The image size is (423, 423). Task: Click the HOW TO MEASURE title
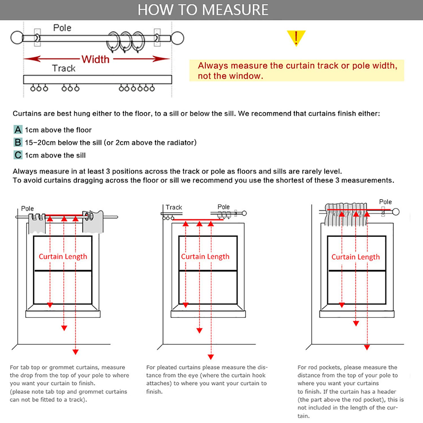pyautogui.click(x=203, y=10)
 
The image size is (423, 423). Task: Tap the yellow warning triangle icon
pyautogui.click(x=296, y=38)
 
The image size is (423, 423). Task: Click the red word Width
pyautogui.click(x=95, y=59)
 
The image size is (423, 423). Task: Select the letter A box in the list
pyautogui.click(x=18, y=130)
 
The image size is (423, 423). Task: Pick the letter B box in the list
pyautogui.click(x=18, y=142)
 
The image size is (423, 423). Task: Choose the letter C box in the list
pyautogui.click(x=18, y=155)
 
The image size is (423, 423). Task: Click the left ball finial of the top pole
pyautogui.click(x=17, y=38)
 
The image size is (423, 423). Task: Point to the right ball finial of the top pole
pyautogui.click(x=177, y=38)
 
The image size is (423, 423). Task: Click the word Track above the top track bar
pyautogui.click(x=64, y=68)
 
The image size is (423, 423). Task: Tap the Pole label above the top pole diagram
pyautogui.click(x=62, y=28)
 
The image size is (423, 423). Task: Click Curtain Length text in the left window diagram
pyautogui.click(x=63, y=257)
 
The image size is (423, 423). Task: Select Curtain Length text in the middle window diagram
pyautogui.click(x=205, y=257)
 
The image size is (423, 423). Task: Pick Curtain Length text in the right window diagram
pyautogui.click(x=355, y=257)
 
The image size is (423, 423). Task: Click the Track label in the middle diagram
pyautogui.click(x=174, y=207)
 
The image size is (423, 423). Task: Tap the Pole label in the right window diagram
pyautogui.click(x=385, y=202)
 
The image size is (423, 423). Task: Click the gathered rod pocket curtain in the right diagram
pyautogui.click(x=345, y=214)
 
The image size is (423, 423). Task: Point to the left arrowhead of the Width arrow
pyautogui.click(x=31, y=59)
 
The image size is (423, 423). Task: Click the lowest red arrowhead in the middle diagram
pyautogui.click(x=211, y=357)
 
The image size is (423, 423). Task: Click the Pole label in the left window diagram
pyautogui.click(x=27, y=209)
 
